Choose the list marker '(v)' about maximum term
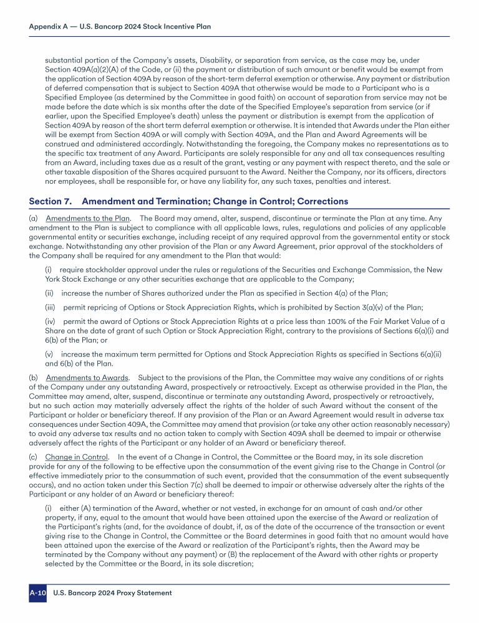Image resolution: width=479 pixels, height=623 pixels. (x=49, y=354)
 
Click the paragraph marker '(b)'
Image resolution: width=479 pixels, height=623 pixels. (x=34, y=378)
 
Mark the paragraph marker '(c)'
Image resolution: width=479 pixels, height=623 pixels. (x=34, y=457)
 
